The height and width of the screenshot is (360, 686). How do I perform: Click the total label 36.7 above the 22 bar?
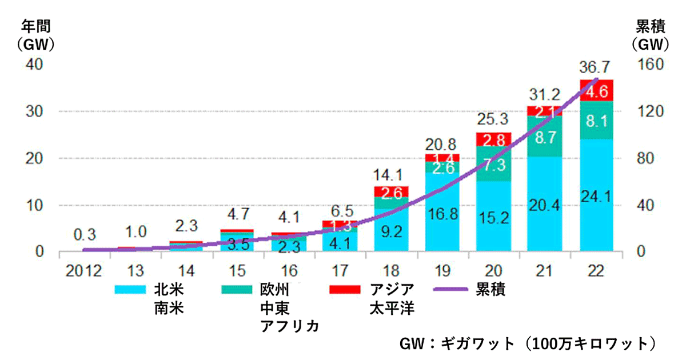coord(597,67)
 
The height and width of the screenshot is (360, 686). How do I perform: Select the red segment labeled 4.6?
coord(597,90)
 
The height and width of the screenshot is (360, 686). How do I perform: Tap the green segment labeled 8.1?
coord(597,120)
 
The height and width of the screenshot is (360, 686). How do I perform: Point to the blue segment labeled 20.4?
coord(544,204)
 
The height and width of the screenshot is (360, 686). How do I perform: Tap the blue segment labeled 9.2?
coord(391,230)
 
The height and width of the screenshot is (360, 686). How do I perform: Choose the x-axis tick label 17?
coord(339,270)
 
